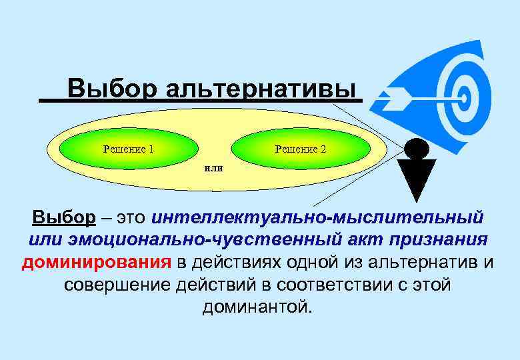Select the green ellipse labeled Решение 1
click(x=128, y=149)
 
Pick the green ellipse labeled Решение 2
click(x=301, y=149)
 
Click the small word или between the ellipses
click(x=213, y=167)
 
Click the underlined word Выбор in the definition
click(x=64, y=217)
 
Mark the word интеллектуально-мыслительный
click(x=317, y=217)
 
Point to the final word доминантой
click(x=257, y=307)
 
